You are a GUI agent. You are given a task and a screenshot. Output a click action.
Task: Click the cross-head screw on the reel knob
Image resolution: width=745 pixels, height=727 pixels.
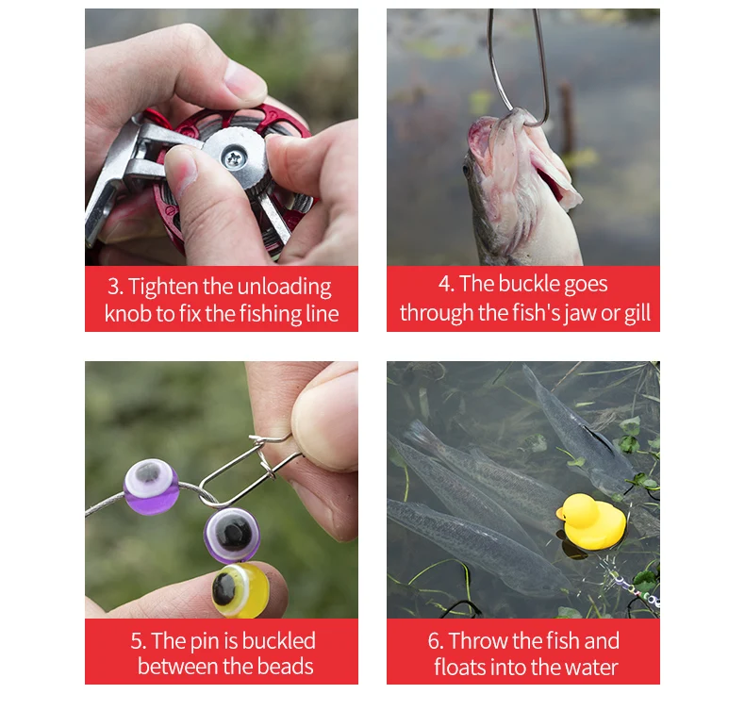point(234,158)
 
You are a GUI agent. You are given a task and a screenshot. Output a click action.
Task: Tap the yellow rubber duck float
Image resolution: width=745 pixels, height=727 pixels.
point(591,521)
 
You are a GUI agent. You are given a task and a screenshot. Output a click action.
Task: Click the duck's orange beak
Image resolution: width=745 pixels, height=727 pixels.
point(561,514)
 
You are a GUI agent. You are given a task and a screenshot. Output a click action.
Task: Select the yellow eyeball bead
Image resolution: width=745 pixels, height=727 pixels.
point(240,590)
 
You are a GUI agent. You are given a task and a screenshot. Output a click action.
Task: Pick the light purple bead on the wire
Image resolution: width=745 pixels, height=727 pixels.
point(151,487)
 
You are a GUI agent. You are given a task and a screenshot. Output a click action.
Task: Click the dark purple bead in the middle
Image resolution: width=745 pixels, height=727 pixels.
point(232,535)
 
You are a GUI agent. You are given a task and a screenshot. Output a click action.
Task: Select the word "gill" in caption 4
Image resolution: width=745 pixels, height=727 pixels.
point(637,313)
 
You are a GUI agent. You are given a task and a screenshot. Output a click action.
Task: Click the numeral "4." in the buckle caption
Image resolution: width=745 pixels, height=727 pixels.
point(447,284)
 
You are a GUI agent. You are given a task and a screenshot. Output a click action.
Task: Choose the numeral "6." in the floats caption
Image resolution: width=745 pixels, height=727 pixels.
point(436,641)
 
